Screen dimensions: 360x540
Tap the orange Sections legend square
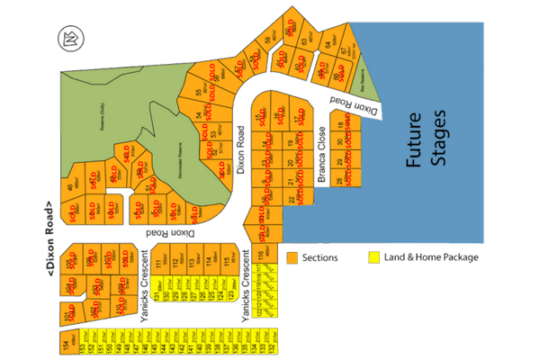(x=291, y=257)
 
